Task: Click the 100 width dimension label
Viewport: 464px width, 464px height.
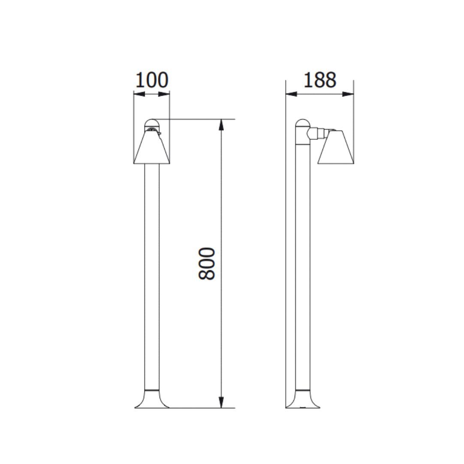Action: tap(152, 80)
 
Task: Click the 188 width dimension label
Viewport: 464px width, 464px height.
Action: tap(320, 80)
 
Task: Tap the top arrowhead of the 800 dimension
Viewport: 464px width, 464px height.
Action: tap(221, 124)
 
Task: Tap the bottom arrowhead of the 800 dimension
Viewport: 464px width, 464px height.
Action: tap(221, 402)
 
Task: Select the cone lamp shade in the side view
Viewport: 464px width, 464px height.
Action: tap(337, 148)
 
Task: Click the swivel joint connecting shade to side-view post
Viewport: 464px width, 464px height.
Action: tap(316, 133)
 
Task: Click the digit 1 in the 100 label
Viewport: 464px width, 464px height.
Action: tap(140, 80)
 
